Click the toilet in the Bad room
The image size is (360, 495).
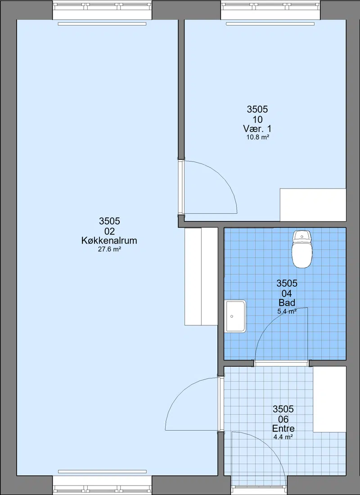(302, 249)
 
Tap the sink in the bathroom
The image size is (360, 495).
(235, 316)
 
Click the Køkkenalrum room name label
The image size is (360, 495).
(109, 241)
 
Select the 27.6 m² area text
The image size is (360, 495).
(110, 249)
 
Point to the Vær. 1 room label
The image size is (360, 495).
(257, 129)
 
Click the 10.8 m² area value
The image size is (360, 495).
(258, 137)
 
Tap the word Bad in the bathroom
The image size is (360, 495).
(287, 303)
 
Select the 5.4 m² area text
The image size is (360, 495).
(287, 311)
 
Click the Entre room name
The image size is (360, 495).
(283, 428)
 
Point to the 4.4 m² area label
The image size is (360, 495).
(283, 437)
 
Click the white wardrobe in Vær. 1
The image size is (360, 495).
(313, 205)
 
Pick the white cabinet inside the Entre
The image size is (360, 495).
(329, 399)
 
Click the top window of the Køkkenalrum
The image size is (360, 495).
(102, 11)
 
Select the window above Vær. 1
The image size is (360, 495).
(270, 11)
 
